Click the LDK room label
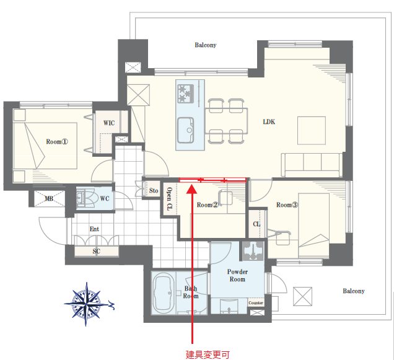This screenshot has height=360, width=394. pyautogui.click(x=269, y=122)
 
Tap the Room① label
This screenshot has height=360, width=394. pyautogui.click(x=57, y=142)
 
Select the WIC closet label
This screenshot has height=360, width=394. pyautogui.click(x=109, y=123)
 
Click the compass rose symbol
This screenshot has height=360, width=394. pyautogui.click(x=87, y=304)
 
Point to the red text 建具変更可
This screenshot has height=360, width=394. pyautogui.click(x=208, y=354)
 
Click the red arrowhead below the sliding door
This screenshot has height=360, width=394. pyautogui.click(x=192, y=189)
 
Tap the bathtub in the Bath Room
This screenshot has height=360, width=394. pyautogui.click(x=164, y=293)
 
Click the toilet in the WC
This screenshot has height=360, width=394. pyautogui.click(x=85, y=199)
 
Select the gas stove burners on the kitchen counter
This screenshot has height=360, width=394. pyautogui.click(x=186, y=94)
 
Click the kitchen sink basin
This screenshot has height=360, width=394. pyautogui.click(x=186, y=130)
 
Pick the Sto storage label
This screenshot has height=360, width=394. pyautogui.click(x=154, y=191)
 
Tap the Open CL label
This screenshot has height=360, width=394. pyautogui.click(x=169, y=199)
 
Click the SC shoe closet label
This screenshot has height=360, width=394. pyautogui.click(x=96, y=251)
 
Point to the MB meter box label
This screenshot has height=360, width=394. pyautogui.click(x=49, y=199)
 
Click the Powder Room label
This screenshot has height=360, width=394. pyautogui.click(x=237, y=276)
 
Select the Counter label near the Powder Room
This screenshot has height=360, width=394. pyautogui.click(x=256, y=303)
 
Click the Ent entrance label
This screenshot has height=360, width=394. pyautogui.click(x=94, y=229)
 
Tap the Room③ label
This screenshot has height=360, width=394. pyautogui.click(x=287, y=205)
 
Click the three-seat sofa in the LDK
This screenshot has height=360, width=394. pyautogui.click(x=312, y=165)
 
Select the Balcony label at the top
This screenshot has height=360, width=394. pyautogui.click(x=206, y=45)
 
